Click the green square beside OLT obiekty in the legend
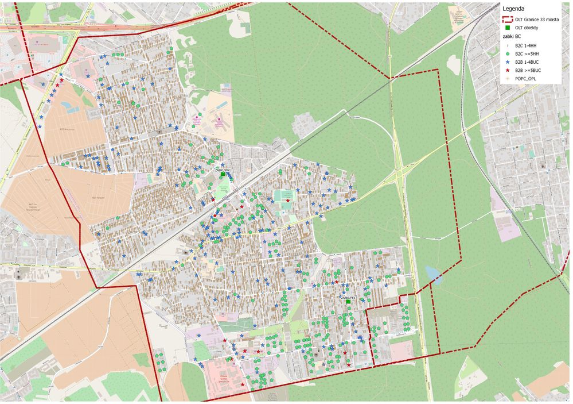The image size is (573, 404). coord(508,28)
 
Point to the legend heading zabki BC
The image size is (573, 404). coord(512,36)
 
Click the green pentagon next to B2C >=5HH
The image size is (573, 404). coord(508,53)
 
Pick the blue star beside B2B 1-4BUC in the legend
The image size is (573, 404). coord(508,61)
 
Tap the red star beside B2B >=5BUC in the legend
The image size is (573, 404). coord(508,70)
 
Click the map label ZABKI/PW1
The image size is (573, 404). coord(223,170)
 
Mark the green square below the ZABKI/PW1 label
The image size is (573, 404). coord(223,175)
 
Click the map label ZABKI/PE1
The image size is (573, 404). coord(348,298)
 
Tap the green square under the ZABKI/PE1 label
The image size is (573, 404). coord(348,302)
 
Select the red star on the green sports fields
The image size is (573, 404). coord(288,200)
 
